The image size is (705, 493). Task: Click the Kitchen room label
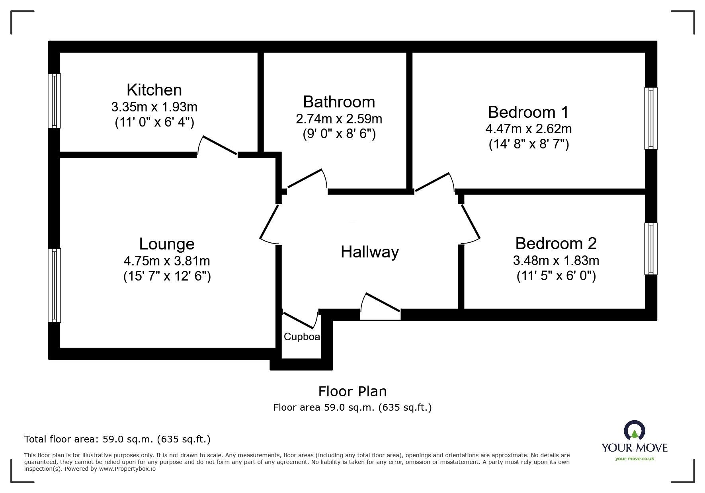[154, 90]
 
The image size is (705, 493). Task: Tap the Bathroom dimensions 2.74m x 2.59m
[339, 119]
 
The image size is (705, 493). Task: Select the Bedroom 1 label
[528, 112]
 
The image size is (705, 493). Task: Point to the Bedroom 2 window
[650, 249]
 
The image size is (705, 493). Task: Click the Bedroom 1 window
[650, 119]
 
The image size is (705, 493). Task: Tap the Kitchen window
[55, 101]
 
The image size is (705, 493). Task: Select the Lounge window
[55, 285]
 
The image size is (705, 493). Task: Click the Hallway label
[369, 252]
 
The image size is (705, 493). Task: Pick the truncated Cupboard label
[302, 337]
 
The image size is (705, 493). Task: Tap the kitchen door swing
[218, 146]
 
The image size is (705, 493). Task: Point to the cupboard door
[300, 320]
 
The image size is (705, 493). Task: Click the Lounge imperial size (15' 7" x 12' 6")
[167, 276]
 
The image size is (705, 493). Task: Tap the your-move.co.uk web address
[635, 459]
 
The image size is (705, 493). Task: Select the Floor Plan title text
[352, 392]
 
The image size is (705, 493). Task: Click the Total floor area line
[117, 439]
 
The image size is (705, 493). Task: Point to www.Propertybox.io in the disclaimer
[127, 469]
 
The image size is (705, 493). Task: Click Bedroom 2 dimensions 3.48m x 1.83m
[556, 261]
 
